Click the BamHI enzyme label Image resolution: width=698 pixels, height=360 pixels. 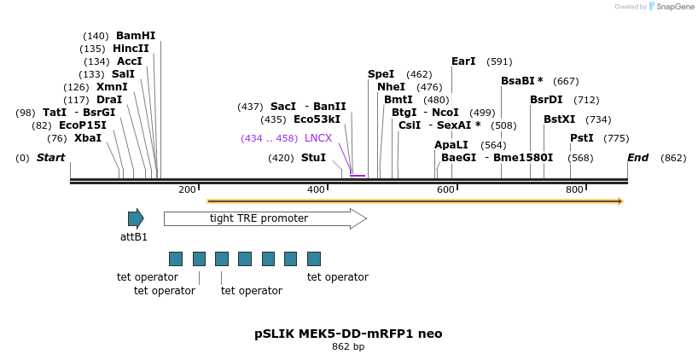click(136, 36)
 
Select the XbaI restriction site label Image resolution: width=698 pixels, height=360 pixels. click(87, 138)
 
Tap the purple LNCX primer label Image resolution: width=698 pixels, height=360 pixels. click(318, 138)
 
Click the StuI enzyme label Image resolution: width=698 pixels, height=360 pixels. click(313, 158)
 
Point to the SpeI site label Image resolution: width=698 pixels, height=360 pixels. click(381, 74)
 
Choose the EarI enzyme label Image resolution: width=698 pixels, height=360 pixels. click(463, 61)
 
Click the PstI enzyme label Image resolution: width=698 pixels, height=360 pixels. click(582, 138)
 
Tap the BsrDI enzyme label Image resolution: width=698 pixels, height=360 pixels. click(546, 100)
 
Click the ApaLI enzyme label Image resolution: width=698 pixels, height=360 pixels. click(451, 145)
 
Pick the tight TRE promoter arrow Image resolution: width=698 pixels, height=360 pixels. click(265, 218)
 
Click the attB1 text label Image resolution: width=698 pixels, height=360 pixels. click(134, 237)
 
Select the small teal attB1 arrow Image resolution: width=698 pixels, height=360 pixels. click(136, 218)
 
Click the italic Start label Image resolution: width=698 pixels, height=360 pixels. click(50, 158)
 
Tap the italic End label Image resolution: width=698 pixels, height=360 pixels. click(637, 158)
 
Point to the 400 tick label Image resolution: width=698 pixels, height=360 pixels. click(316, 189)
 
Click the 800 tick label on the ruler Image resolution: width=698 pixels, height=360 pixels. click(573, 189)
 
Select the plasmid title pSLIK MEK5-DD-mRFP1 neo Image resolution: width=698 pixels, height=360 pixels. click(348, 334)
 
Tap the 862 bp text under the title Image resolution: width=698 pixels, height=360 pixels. click(348, 347)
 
